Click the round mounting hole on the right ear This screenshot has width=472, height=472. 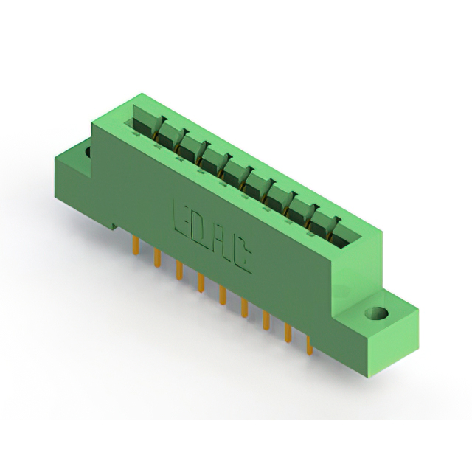coord(376,313)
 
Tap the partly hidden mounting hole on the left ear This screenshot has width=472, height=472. coord(88,152)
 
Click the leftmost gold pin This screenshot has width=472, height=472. coord(136,245)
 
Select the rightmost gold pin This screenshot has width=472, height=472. coord(310,346)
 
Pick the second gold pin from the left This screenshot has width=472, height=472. coord(157,257)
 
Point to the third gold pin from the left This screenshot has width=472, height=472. coord(179,271)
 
